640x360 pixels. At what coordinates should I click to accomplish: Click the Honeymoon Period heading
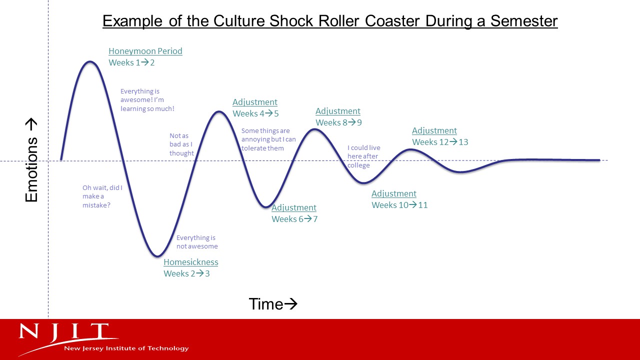[145, 51]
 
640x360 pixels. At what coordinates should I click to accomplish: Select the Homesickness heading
[191, 262]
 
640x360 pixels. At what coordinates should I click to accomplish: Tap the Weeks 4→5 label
[255, 113]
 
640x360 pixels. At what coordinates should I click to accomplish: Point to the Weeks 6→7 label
[294, 219]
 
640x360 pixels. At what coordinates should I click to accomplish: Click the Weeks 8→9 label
[339, 122]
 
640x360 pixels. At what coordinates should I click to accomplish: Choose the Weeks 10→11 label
[399, 205]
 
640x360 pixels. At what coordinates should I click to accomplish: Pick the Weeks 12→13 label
[440, 142]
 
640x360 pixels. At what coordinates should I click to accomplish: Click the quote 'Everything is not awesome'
[197, 242]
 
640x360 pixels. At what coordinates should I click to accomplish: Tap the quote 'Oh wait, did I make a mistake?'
[102, 196]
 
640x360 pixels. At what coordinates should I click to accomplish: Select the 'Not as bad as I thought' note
[181, 144]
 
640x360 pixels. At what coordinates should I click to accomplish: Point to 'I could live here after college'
[364, 156]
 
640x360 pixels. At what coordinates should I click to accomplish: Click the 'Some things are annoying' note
[268, 139]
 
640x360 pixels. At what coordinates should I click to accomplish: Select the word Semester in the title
[524, 21]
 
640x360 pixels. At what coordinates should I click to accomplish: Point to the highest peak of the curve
[90, 61]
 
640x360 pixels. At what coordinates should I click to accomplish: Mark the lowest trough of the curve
[157, 256]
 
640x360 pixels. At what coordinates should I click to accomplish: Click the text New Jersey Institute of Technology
[126, 348]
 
